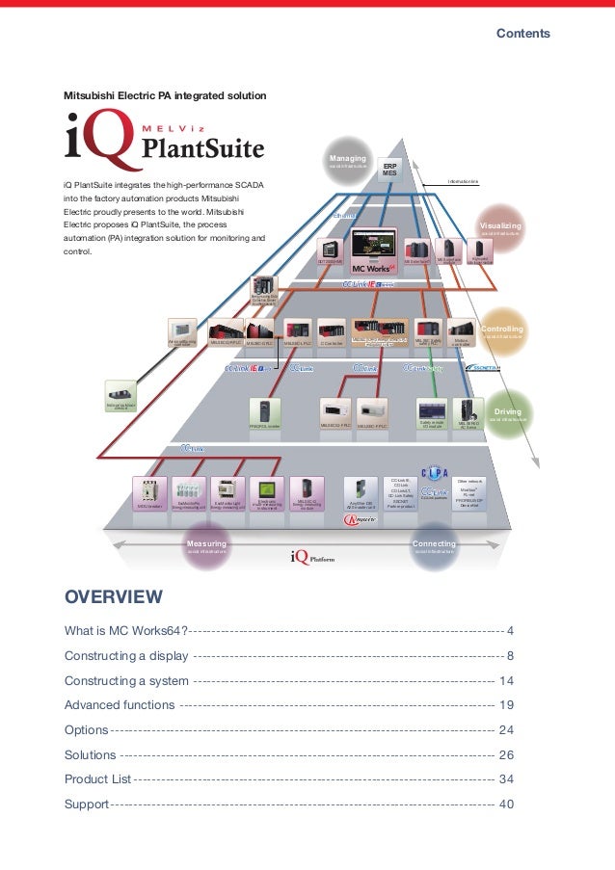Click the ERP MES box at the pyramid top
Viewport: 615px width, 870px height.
[389, 168]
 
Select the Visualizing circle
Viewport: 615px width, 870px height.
[499, 229]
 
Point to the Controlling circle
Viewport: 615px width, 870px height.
[501, 332]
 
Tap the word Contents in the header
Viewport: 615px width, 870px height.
[523, 33]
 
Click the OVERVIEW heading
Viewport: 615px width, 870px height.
[114, 597]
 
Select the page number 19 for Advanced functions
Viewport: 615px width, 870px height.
[506, 704]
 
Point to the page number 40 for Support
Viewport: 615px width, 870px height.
[506, 804]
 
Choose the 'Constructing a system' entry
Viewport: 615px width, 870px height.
[126, 680]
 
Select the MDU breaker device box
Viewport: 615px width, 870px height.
[149, 493]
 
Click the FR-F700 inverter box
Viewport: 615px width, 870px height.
[264, 415]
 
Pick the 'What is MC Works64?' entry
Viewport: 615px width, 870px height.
[126, 630]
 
